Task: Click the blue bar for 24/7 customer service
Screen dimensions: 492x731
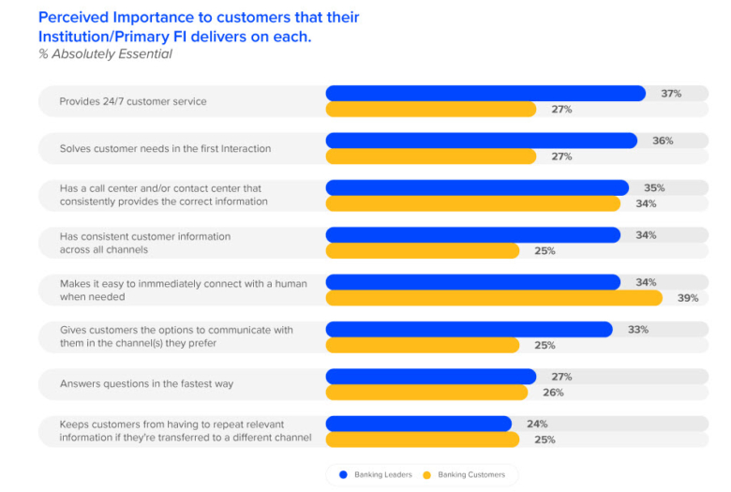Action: [485, 94]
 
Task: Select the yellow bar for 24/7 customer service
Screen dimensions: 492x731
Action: [430, 110]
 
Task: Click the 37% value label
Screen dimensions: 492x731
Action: [670, 94]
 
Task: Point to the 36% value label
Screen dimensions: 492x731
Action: [663, 141]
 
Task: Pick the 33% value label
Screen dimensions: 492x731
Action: [638, 330]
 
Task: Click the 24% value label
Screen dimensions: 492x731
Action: [537, 424]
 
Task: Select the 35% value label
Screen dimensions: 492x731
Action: [654, 187]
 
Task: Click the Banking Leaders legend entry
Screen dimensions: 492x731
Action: [375, 475]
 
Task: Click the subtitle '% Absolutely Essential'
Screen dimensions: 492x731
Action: [105, 54]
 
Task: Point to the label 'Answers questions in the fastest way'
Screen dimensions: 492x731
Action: [146, 384]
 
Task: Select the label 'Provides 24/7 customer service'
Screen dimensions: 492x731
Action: [133, 101]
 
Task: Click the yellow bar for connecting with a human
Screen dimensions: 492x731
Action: [493, 298]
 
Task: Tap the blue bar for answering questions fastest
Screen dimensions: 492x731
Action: [430, 377]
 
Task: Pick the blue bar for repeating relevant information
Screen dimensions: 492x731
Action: [418, 424]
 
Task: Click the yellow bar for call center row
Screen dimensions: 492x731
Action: [472, 203]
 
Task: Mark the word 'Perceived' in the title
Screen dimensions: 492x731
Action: [73, 18]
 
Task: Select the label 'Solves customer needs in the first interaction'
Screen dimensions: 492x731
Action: [165, 148]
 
